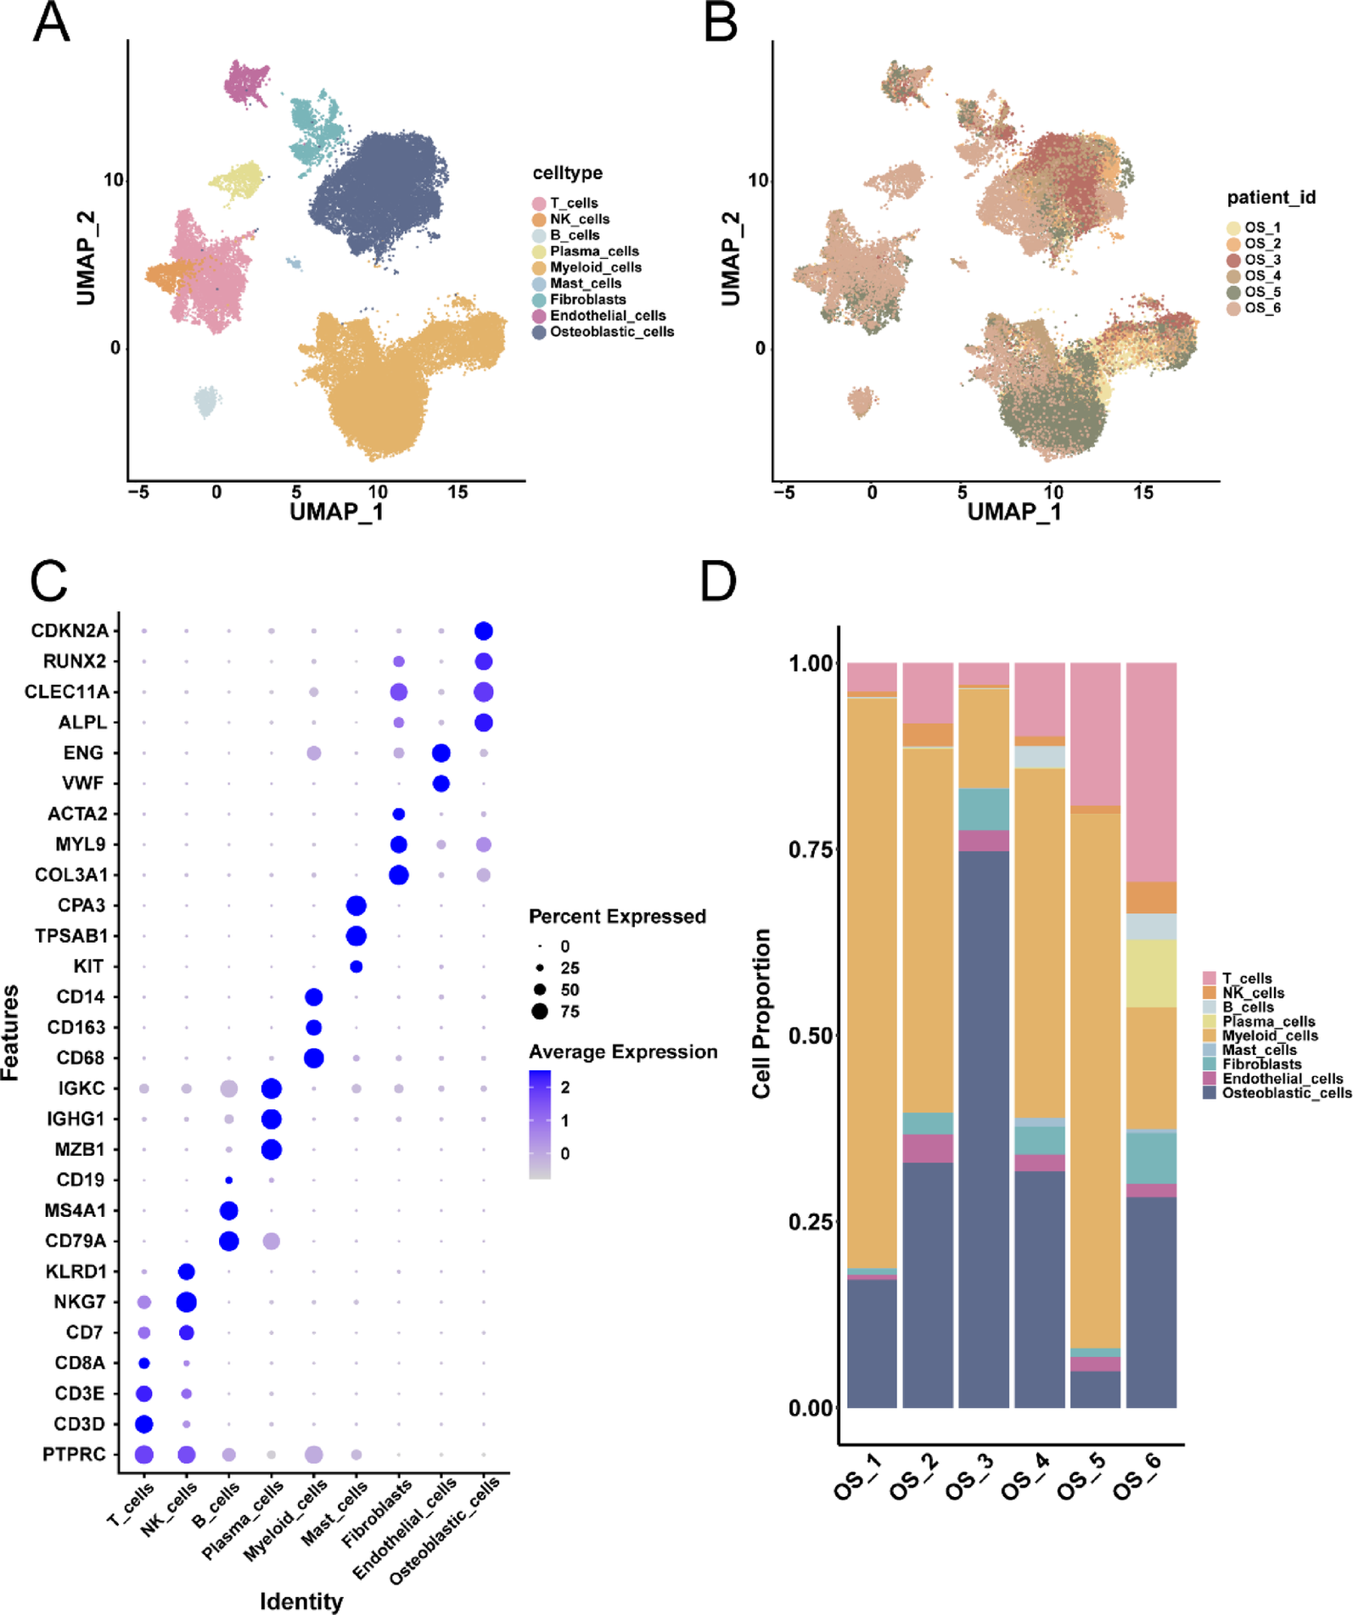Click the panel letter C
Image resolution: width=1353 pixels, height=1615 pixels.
pos(48,582)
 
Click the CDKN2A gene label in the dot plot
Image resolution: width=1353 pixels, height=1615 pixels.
pos(70,631)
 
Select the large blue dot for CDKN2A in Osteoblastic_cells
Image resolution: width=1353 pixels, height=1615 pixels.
pos(484,631)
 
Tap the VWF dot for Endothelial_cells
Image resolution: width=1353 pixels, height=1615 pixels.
pos(441,783)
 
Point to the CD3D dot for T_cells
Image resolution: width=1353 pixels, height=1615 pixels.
pos(144,1424)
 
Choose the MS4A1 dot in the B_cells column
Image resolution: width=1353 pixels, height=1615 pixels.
pos(228,1210)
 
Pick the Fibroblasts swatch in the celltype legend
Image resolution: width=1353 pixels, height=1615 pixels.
pos(539,300)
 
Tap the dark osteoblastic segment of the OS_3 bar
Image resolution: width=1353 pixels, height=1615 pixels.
pos(984,1129)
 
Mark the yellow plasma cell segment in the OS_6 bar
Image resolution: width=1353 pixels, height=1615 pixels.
pos(1151,973)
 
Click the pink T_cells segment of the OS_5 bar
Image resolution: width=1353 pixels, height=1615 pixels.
pos(1095,733)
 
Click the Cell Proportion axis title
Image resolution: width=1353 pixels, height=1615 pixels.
pos(761,1013)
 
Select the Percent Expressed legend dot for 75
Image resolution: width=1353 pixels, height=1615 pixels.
pos(540,1012)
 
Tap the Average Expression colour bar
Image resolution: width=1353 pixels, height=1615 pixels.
pos(540,1124)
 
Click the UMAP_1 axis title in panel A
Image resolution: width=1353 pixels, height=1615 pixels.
pos(336,512)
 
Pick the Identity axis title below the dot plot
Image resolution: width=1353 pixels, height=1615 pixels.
pos(301,1601)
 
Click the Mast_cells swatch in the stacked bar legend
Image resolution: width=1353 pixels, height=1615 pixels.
pos(1210,1050)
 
